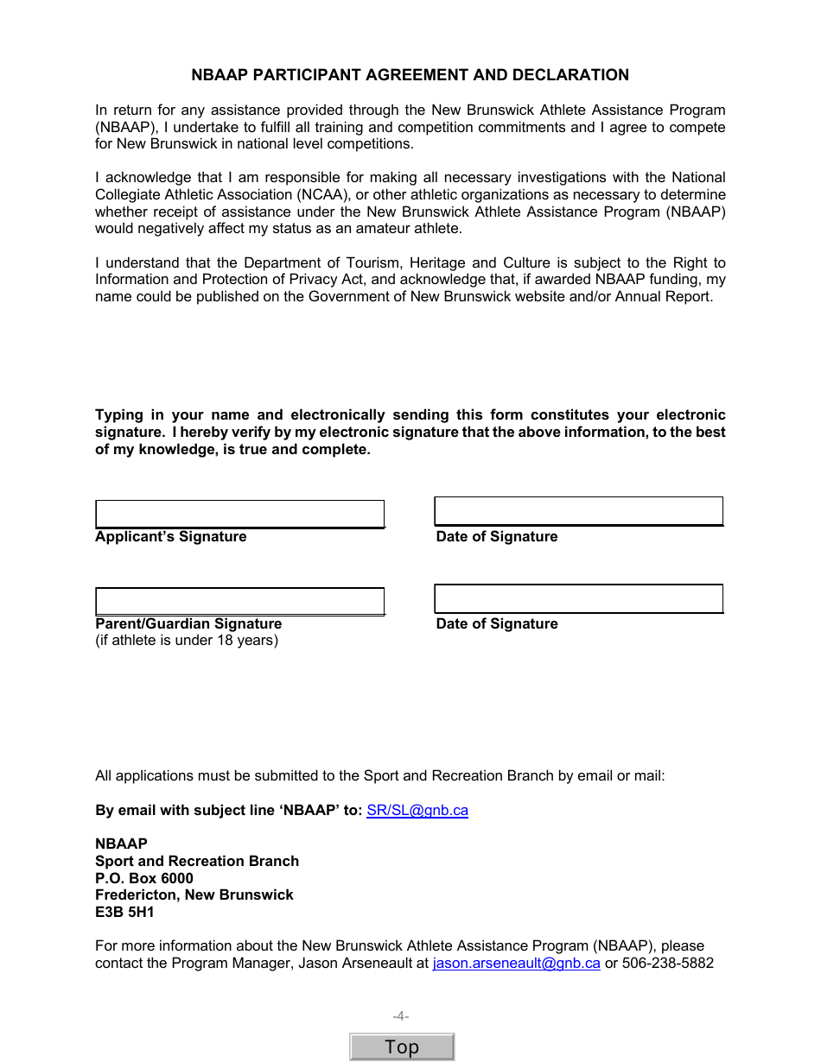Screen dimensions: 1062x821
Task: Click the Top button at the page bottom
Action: [402, 1046]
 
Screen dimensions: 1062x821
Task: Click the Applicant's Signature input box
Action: [239, 514]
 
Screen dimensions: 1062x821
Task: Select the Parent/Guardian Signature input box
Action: [239, 601]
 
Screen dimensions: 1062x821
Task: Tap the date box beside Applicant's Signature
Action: [578, 511]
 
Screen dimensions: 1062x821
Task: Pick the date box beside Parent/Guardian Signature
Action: [578, 598]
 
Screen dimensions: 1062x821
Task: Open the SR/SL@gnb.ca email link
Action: [417, 810]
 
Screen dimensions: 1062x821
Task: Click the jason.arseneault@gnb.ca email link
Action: [516, 963]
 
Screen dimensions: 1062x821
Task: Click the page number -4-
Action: [401, 1016]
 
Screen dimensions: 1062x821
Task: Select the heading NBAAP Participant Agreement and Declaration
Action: [410, 75]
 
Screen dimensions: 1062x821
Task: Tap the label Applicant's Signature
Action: [171, 536]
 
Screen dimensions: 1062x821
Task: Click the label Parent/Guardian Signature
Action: [188, 623]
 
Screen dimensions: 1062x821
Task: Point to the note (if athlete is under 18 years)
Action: [187, 640]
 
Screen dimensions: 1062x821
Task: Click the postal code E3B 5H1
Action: [124, 912]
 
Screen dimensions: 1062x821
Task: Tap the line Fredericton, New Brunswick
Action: [194, 894]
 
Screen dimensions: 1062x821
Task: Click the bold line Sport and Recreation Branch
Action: [197, 861]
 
